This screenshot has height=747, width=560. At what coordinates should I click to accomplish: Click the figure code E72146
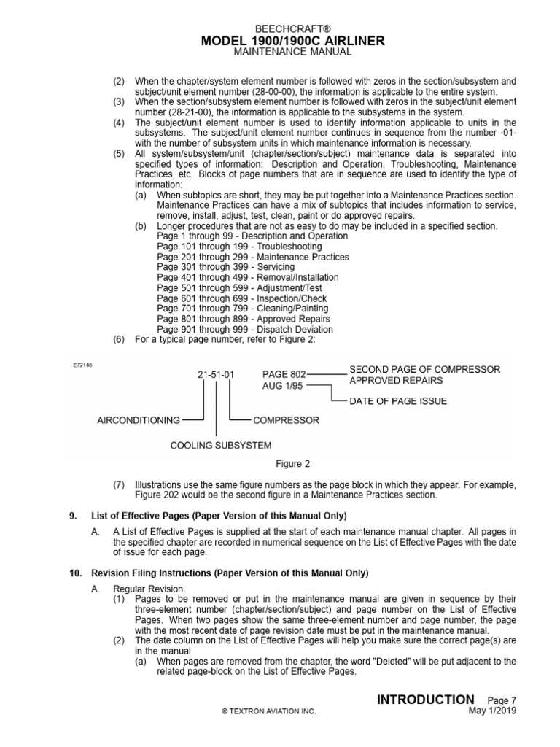(82, 365)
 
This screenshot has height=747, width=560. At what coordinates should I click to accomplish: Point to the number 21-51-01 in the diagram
(217, 375)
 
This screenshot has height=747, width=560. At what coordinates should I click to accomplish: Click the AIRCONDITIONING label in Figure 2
(139, 420)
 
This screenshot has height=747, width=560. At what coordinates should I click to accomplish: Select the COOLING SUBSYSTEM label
(220, 445)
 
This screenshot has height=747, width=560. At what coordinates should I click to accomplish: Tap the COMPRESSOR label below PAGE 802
(286, 420)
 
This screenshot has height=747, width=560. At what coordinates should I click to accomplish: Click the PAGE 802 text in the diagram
(285, 373)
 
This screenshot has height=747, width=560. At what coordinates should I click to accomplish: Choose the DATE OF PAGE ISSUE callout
(398, 400)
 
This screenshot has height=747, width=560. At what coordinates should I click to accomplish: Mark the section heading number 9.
(73, 516)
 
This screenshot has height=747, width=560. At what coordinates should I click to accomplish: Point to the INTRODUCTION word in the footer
(425, 700)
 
